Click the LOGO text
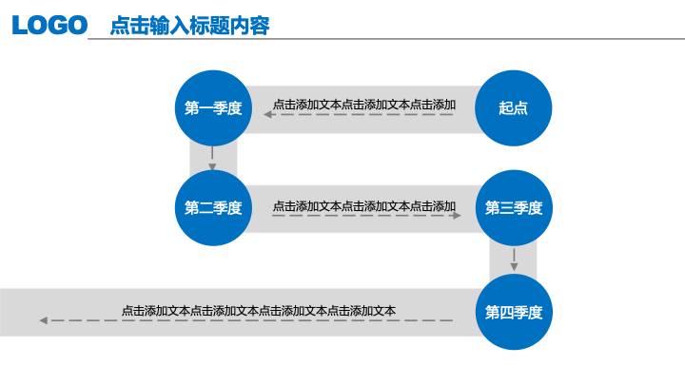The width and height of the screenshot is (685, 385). pos(49,25)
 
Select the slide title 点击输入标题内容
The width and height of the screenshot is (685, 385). pos(189,26)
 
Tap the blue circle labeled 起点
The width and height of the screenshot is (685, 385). pos(514,107)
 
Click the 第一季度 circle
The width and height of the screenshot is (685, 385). pos(213,107)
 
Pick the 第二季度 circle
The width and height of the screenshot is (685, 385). pos(213,208)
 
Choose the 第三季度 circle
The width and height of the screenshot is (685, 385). pos(514,208)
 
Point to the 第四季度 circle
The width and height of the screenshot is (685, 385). pos(514,312)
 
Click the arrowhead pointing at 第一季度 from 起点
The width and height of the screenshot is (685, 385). pos(267,114)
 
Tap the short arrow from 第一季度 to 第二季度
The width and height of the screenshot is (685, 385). pos(212,159)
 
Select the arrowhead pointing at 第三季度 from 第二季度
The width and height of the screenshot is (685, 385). pos(457,215)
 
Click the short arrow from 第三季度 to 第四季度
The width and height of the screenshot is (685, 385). pos(514,260)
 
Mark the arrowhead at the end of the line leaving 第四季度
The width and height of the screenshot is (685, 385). pos(43,320)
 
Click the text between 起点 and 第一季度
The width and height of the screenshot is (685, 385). pos(364,105)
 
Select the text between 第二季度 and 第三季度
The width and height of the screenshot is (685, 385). pos(364,206)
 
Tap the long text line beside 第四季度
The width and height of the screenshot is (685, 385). pos(259,311)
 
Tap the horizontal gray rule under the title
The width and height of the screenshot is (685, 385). pos(386,39)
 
